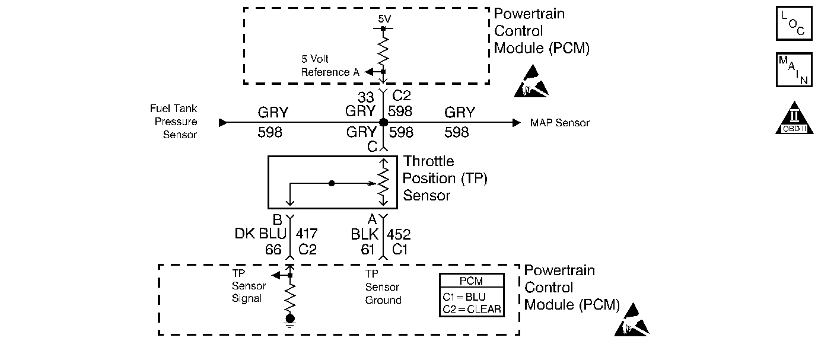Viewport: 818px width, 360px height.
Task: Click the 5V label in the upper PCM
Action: pyautogui.click(x=384, y=18)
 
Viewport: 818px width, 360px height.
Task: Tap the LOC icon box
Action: pyautogui.click(x=794, y=24)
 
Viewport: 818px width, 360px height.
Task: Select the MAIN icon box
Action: pyautogui.click(x=794, y=70)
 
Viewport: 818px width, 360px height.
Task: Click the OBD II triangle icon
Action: pyautogui.click(x=794, y=119)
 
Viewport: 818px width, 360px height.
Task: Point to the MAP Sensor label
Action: pyautogui.click(x=560, y=123)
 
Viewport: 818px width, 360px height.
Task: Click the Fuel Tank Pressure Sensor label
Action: pyautogui.click(x=174, y=122)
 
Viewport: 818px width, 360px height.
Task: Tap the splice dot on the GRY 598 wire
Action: pyautogui.click(x=383, y=122)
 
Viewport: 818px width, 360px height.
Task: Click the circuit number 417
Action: pyautogui.click(x=306, y=234)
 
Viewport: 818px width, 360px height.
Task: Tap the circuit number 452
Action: pyautogui.click(x=399, y=234)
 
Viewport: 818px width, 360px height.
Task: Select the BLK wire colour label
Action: pyautogui.click(x=365, y=234)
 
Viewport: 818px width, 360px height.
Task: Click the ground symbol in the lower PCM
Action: pyautogui.click(x=290, y=321)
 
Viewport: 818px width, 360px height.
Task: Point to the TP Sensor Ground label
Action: pyautogui.click(x=383, y=287)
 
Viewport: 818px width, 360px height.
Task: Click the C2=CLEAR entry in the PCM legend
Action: pyautogui.click(x=472, y=308)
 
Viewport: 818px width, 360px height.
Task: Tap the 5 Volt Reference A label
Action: pyautogui.click(x=330, y=66)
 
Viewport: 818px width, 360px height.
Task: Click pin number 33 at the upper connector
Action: pyautogui.click(x=366, y=97)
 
